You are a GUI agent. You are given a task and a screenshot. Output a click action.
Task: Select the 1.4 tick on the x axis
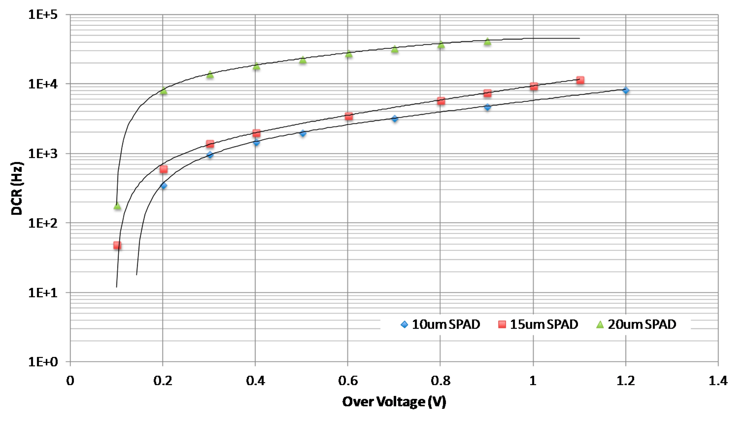[718, 381]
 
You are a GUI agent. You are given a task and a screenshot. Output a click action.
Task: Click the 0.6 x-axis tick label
[348, 381]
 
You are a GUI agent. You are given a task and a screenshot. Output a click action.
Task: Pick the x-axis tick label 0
[70, 381]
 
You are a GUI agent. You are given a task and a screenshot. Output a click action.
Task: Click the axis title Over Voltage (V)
[394, 402]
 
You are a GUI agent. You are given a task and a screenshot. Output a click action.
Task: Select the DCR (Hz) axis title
[17, 188]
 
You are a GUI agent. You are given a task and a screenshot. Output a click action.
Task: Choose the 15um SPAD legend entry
[538, 324]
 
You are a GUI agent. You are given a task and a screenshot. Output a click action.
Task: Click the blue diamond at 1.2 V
[626, 90]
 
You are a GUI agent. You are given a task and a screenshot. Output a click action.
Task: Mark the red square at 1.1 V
[580, 80]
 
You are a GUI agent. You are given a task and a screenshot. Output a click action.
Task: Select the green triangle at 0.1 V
[117, 206]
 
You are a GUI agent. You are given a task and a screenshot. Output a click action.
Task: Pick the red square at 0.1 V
[117, 245]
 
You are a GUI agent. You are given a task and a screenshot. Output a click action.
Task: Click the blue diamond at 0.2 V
[163, 186]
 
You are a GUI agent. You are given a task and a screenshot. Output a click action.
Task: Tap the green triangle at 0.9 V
[488, 42]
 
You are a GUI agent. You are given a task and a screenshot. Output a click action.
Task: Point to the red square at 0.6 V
[349, 116]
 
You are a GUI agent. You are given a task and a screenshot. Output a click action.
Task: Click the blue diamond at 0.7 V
[395, 119]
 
